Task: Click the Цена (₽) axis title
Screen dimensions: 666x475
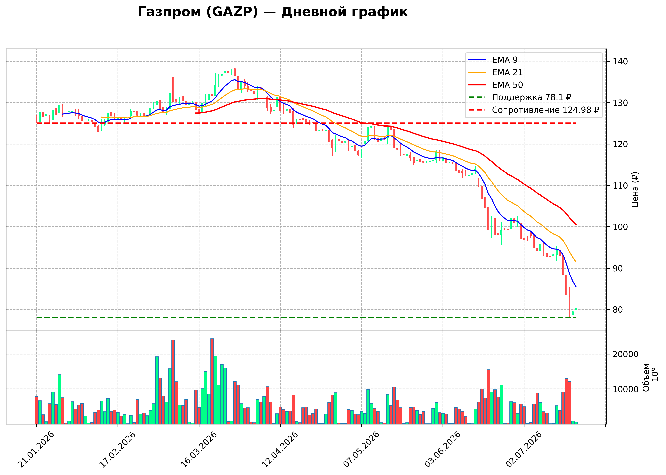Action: [635, 190]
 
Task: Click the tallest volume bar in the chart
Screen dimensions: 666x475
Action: [212, 381]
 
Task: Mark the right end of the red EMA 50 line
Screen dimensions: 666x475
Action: [576, 225]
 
